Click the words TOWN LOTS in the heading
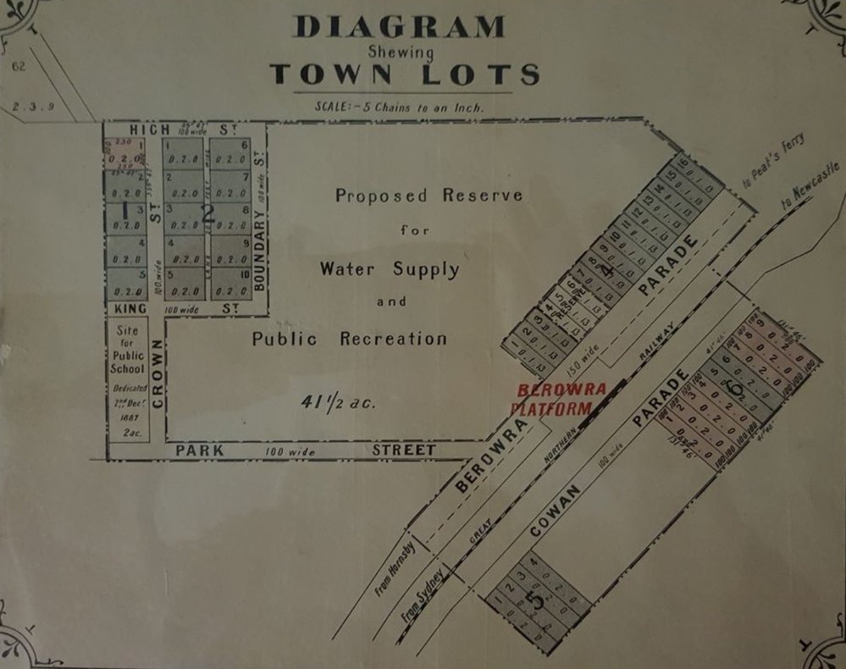pos(405,75)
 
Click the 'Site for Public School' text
pos(128,350)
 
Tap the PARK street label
pos(200,451)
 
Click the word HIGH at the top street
pos(150,129)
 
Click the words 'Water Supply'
pos(390,269)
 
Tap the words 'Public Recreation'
pos(349,339)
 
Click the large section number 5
pos(533,599)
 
